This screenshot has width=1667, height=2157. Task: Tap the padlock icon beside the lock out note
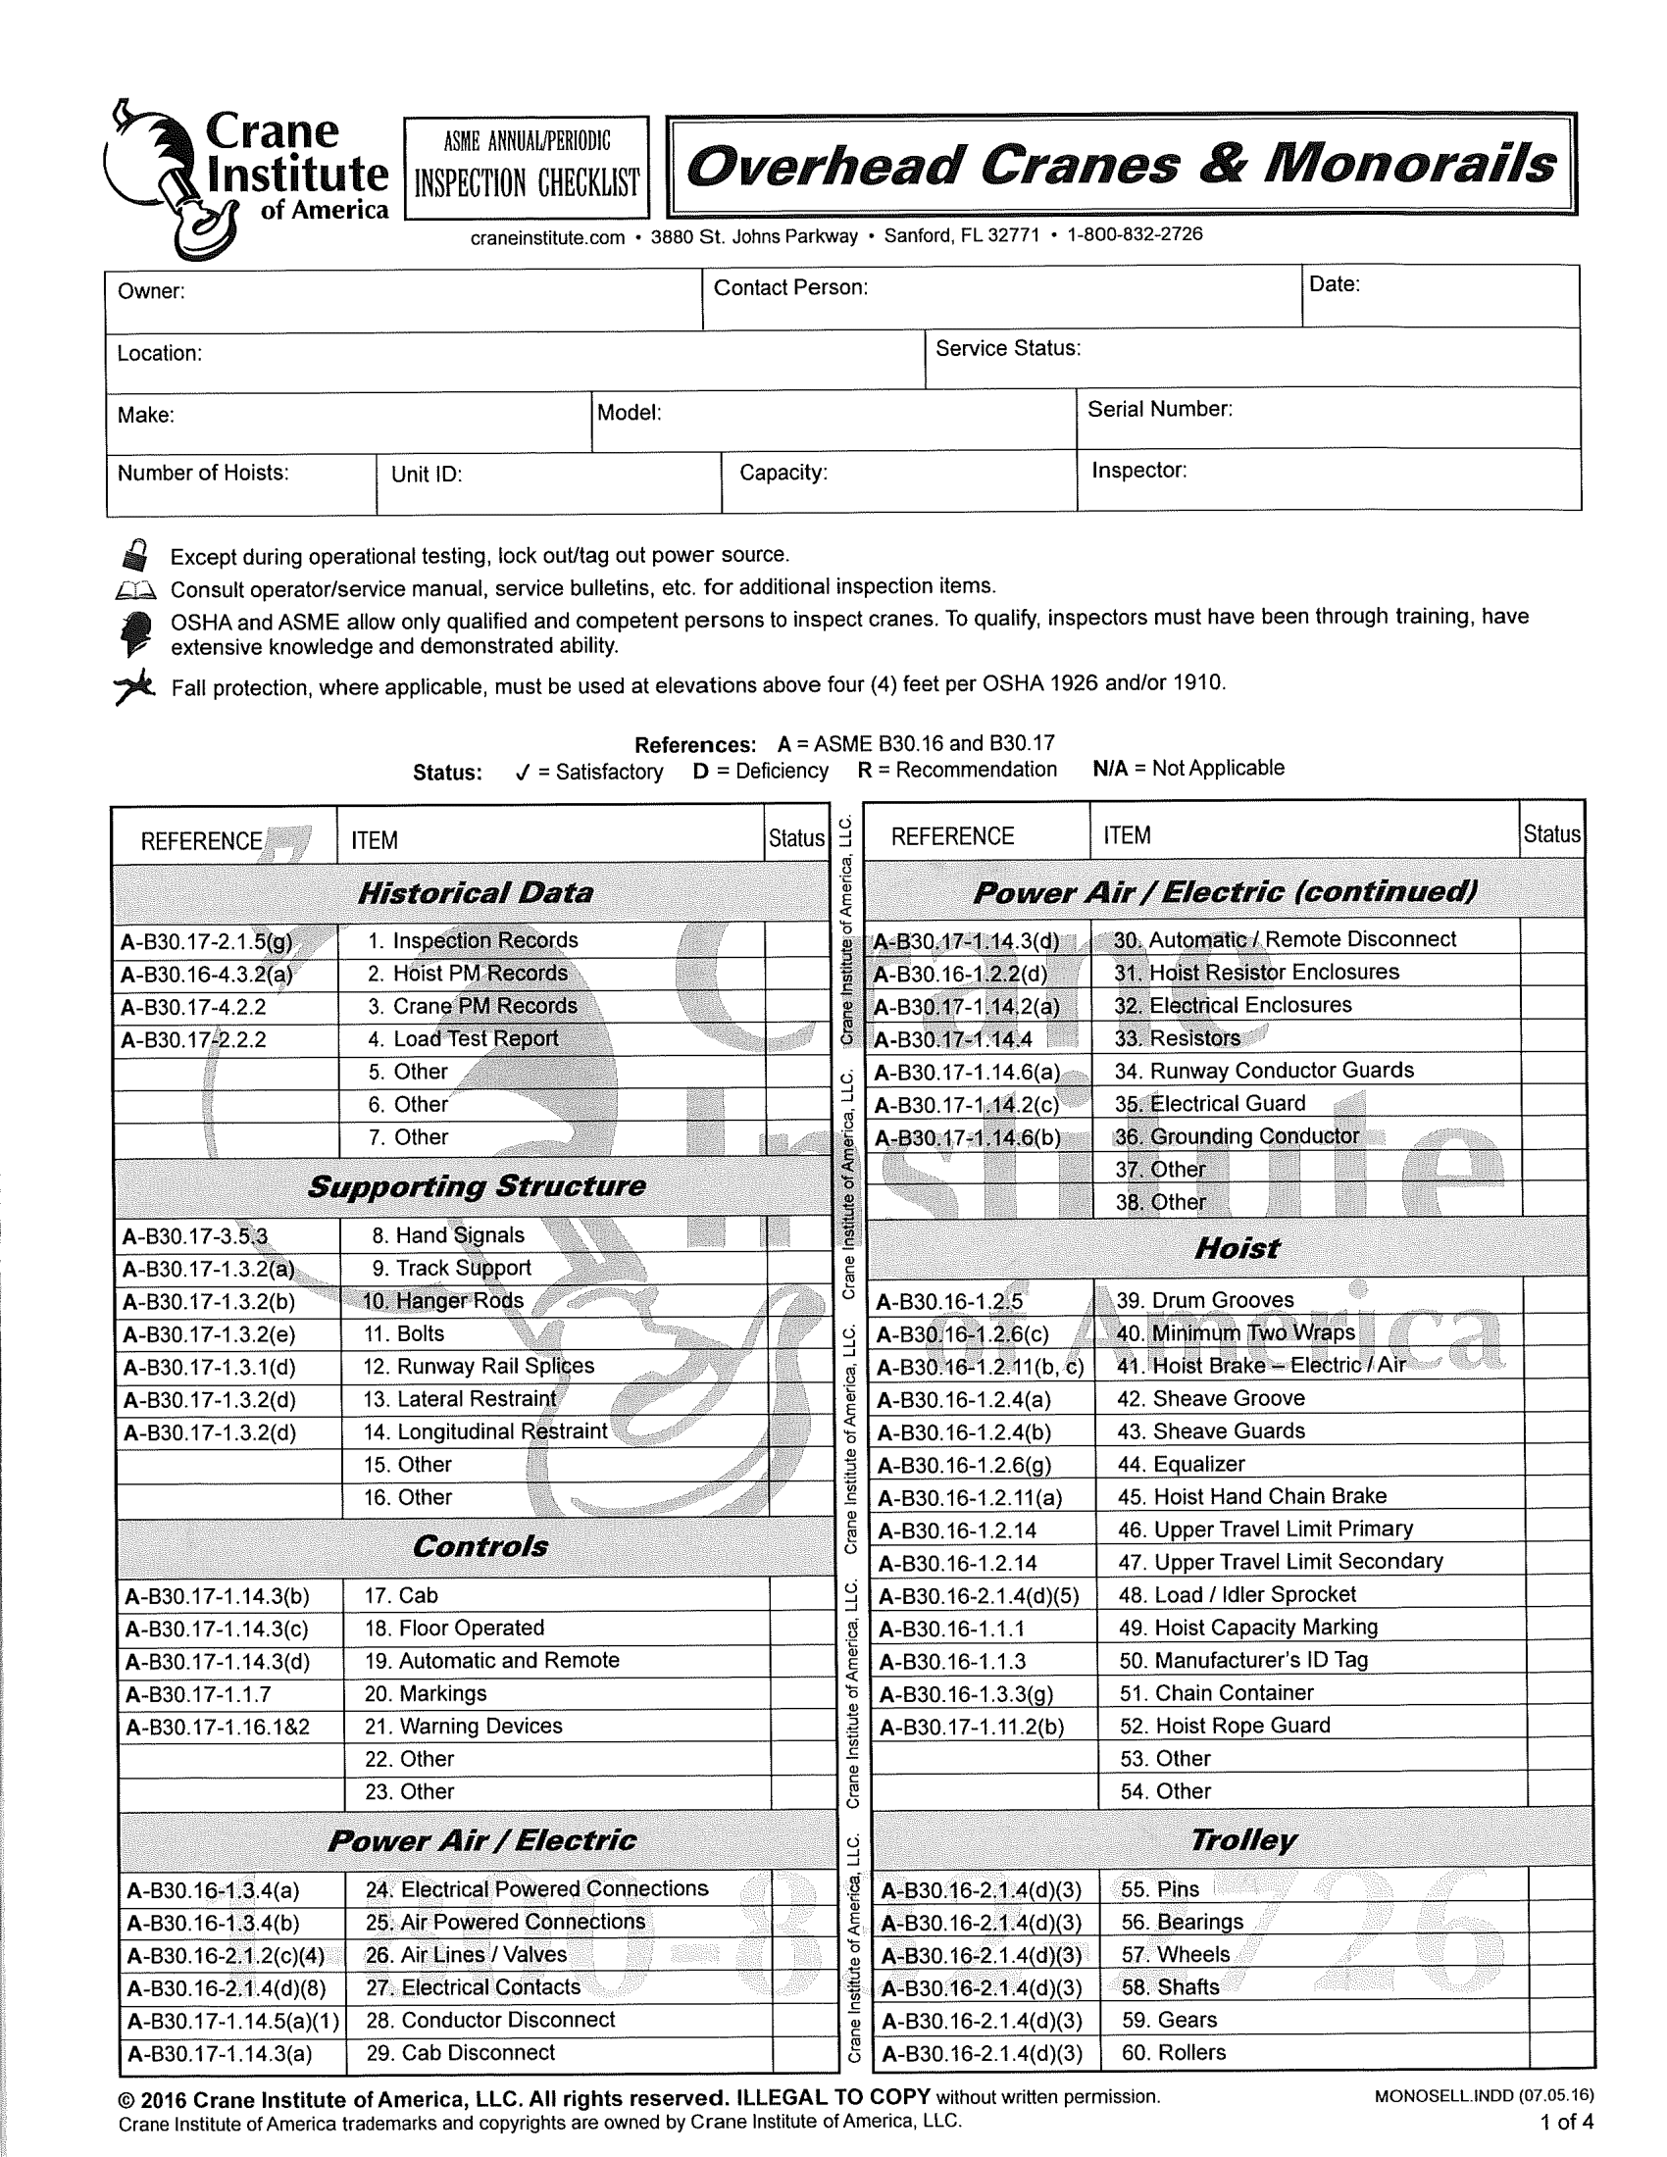click(135, 555)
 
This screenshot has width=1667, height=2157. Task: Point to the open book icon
click(135, 590)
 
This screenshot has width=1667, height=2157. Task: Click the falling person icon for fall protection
click(134, 685)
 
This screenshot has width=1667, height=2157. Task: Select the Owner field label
click(151, 291)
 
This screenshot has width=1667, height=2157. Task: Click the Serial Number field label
click(1159, 409)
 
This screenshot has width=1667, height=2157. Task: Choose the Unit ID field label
click(427, 475)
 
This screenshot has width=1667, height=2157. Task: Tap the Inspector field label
click(1138, 470)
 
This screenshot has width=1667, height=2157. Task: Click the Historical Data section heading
click(475, 893)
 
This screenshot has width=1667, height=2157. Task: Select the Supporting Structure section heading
click(476, 1186)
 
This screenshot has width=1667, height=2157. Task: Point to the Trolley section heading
click(1242, 1839)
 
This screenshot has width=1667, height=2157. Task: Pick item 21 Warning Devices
click(463, 1726)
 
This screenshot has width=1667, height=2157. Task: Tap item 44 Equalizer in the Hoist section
click(1182, 1464)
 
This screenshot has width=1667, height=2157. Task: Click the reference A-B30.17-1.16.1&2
click(219, 1727)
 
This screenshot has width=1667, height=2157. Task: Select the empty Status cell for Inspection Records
click(796, 940)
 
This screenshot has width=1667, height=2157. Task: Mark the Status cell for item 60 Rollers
click(1560, 2051)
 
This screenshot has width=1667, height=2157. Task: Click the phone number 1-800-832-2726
click(1135, 234)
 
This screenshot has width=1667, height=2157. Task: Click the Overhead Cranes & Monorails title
click(1121, 165)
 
